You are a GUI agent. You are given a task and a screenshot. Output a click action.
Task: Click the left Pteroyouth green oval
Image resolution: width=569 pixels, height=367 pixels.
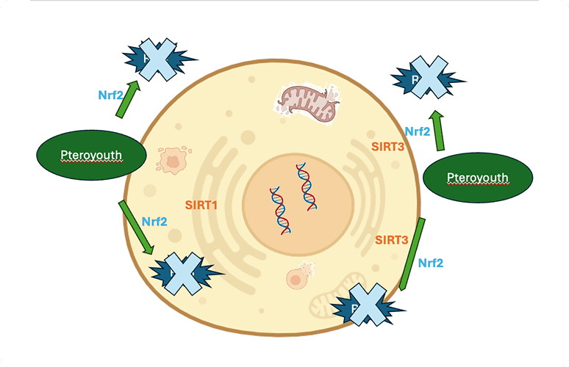90,154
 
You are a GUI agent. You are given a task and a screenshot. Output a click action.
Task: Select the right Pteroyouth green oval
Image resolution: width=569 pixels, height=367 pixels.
478,178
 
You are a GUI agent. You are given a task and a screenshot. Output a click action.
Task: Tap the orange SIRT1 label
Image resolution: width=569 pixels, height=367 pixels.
201,206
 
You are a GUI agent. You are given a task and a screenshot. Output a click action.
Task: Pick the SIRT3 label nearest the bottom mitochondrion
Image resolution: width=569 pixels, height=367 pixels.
391,240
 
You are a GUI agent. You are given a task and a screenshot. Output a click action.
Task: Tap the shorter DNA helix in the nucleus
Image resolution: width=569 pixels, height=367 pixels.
279,209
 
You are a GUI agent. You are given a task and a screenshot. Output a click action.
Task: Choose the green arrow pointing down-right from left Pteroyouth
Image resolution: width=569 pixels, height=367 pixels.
138,227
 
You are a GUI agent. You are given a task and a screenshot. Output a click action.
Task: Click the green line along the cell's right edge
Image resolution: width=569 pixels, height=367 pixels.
410,253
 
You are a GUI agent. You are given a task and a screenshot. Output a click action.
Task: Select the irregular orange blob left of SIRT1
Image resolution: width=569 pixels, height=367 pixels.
173,159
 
